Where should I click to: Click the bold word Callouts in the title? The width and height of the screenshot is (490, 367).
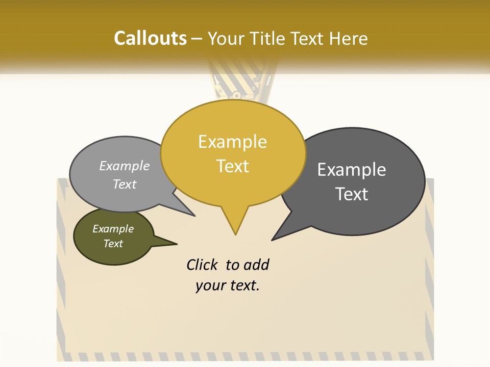pos(150,38)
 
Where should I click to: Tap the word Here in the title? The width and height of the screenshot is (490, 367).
pos(348,38)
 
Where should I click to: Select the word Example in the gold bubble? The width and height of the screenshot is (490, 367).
pos(232,142)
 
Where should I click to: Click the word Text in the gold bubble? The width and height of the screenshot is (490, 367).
pos(232,166)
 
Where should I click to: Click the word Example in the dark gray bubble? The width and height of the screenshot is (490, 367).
pos(352,170)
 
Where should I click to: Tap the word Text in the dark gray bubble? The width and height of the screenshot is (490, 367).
pos(352,194)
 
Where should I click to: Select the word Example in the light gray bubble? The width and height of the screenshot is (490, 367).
pos(125,166)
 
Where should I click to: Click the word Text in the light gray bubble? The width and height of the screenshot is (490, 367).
pos(125,184)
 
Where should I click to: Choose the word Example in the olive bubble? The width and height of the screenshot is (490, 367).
pos(113,229)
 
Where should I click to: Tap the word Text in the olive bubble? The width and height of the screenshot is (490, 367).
pos(113,244)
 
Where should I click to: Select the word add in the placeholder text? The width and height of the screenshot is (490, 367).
pos(256,265)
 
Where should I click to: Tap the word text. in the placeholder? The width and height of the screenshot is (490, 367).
pos(242,285)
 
